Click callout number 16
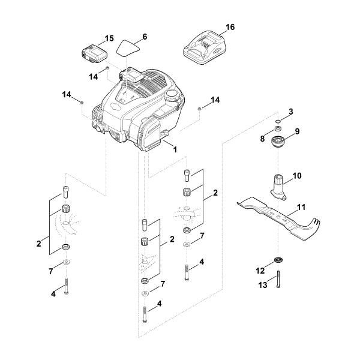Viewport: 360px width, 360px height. pos(230,28)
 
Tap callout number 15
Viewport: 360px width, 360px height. pos(109,38)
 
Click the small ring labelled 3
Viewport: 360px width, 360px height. pos(278,119)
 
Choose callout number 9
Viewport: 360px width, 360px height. pos(297,130)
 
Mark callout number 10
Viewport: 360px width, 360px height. pos(296,176)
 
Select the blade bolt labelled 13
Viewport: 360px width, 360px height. pos(279,283)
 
